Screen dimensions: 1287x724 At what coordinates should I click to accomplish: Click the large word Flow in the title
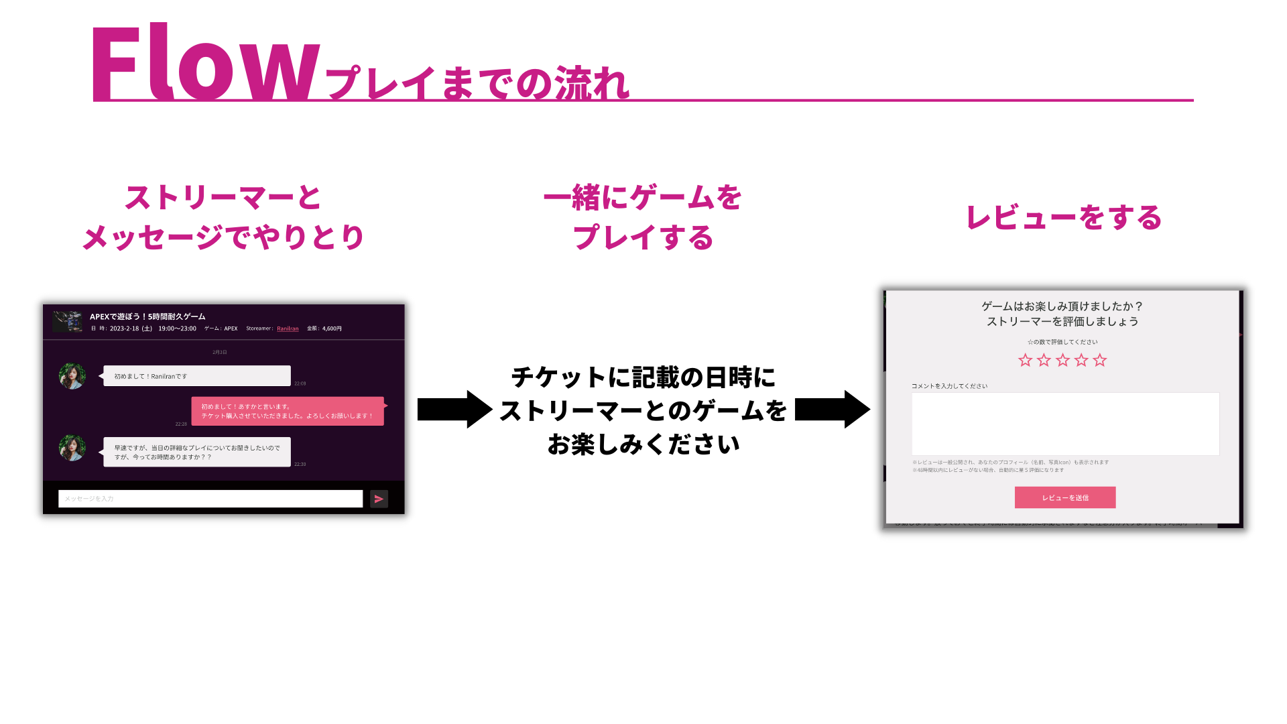204,65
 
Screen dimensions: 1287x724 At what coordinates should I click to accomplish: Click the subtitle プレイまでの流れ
477,84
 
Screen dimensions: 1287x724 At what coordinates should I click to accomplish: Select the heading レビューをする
1063,218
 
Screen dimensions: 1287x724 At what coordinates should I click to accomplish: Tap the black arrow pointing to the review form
832,409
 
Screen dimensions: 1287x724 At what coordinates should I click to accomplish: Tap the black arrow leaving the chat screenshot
454,409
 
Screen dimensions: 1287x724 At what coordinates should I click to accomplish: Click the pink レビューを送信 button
1064,497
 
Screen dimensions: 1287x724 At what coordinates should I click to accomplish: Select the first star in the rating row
1025,361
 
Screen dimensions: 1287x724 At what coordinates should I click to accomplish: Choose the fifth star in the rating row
1100,361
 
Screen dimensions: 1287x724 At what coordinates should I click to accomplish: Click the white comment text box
1064,424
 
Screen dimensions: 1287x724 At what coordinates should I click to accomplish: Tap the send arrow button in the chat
379,499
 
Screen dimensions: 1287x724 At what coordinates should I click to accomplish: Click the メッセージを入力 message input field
210,499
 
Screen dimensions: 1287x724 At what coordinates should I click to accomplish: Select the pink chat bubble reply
288,411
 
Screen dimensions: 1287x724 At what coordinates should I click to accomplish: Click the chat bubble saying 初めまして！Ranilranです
196,376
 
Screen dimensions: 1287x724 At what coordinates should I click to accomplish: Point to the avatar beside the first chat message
72,376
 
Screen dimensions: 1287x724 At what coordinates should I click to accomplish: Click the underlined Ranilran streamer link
288,328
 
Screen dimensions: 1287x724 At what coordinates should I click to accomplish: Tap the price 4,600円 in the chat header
331,328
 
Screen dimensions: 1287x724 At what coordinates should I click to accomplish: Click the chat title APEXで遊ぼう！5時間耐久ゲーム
147,316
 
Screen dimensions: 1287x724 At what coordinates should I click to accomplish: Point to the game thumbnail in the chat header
68,321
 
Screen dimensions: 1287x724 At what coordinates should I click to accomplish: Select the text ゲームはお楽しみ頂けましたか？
1062,306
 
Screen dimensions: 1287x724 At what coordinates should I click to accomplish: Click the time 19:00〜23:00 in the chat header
177,328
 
